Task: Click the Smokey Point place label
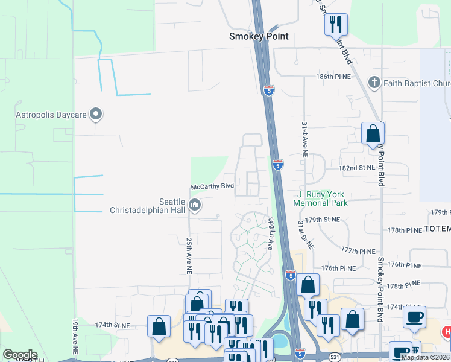coord(259,36)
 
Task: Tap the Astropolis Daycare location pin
coord(95,113)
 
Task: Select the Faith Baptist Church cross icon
coord(374,82)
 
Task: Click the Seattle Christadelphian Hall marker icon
coord(195,206)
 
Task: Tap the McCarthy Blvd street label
coord(212,187)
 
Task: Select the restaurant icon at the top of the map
coord(336,24)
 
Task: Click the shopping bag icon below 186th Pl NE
coord(373,133)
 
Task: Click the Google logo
coord(20,355)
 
